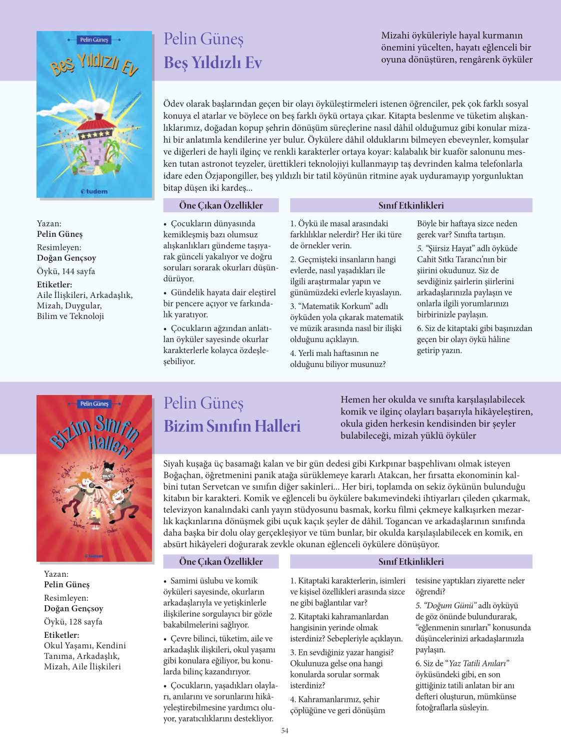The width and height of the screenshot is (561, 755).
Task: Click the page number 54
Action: click(x=284, y=730)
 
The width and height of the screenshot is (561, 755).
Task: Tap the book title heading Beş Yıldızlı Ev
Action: click(x=213, y=63)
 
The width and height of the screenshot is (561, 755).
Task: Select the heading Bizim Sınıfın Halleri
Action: click(x=232, y=426)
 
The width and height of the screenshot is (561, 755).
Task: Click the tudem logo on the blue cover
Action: click(x=94, y=191)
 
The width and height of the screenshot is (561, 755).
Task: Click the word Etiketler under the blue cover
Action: click(x=54, y=284)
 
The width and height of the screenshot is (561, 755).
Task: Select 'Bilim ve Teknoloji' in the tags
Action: click(x=70, y=316)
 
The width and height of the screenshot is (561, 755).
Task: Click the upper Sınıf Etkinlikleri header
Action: click(x=411, y=205)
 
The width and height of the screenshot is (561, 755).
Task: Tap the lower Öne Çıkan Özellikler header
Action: click(x=221, y=562)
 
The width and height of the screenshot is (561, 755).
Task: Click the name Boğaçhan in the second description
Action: click(x=183, y=475)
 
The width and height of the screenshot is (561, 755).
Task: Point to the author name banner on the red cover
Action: click(x=94, y=404)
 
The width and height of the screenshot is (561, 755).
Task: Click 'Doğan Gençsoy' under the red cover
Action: click(x=73, y=608)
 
